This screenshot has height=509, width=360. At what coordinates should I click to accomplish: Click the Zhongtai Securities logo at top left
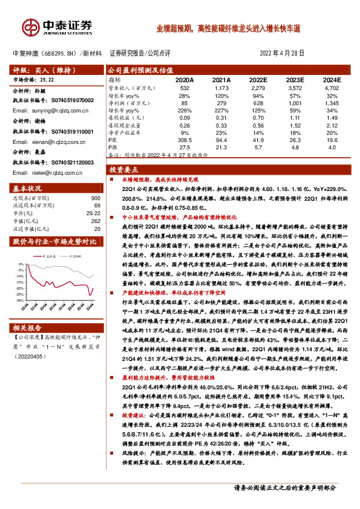[x=57, y=26]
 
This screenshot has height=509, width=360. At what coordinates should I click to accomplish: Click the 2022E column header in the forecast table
[x=257, y=80]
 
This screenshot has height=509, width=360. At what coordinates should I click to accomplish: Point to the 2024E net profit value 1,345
[x=330, y=103]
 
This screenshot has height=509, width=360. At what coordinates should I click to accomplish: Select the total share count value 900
[x=95, y=197]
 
